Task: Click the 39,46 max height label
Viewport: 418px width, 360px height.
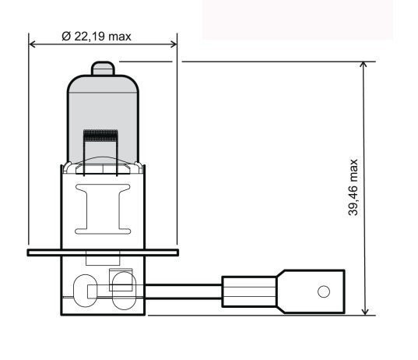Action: [x=354, y=188]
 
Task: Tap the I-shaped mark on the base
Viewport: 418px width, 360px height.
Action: [x=101, y=208]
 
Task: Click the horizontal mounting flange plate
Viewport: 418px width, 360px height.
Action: [x=102, y=252]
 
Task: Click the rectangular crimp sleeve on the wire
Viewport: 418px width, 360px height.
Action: [x=248, y=291]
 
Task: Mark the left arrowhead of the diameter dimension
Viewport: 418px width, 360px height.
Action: [x=33, y=44]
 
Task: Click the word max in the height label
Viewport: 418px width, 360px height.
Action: [x=354, y=171]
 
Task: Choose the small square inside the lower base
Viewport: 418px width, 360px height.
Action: [x=120, y=279]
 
